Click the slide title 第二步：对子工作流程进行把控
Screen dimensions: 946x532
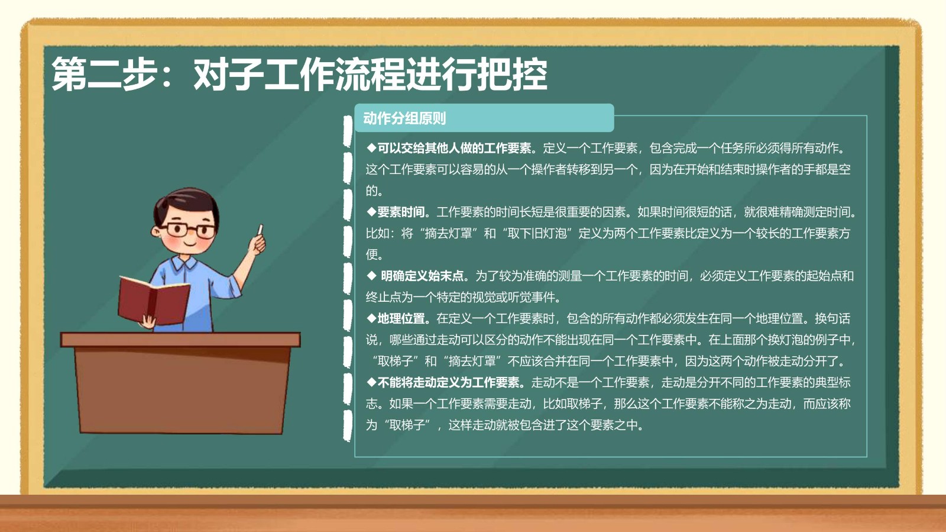[x=299, y=75]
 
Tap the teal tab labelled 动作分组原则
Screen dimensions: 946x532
[x=484, y=118]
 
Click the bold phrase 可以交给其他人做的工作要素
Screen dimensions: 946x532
[x=455, y=148]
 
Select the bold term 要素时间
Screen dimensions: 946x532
[x=401, y=212]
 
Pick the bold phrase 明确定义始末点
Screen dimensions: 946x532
[x=422, y=276]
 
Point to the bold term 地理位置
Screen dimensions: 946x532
[x=401, y=318]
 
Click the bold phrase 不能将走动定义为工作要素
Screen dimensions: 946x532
[x=449, y=382]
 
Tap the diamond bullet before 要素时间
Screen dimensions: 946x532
[x=371, y=212]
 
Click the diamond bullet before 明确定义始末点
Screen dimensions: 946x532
[x=371, y=276]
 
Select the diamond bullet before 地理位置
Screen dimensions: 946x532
[x=371, y=318]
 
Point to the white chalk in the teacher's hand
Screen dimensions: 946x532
[x=260, y=230]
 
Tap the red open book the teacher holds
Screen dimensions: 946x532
[x=154, y=301]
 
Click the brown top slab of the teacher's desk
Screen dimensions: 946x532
[x=180, y=340]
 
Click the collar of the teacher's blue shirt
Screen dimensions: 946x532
[x=184, y=264]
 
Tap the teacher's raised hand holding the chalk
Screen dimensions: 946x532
[x=257, y=243]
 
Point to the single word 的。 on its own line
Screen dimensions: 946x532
[x=374, y=191]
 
